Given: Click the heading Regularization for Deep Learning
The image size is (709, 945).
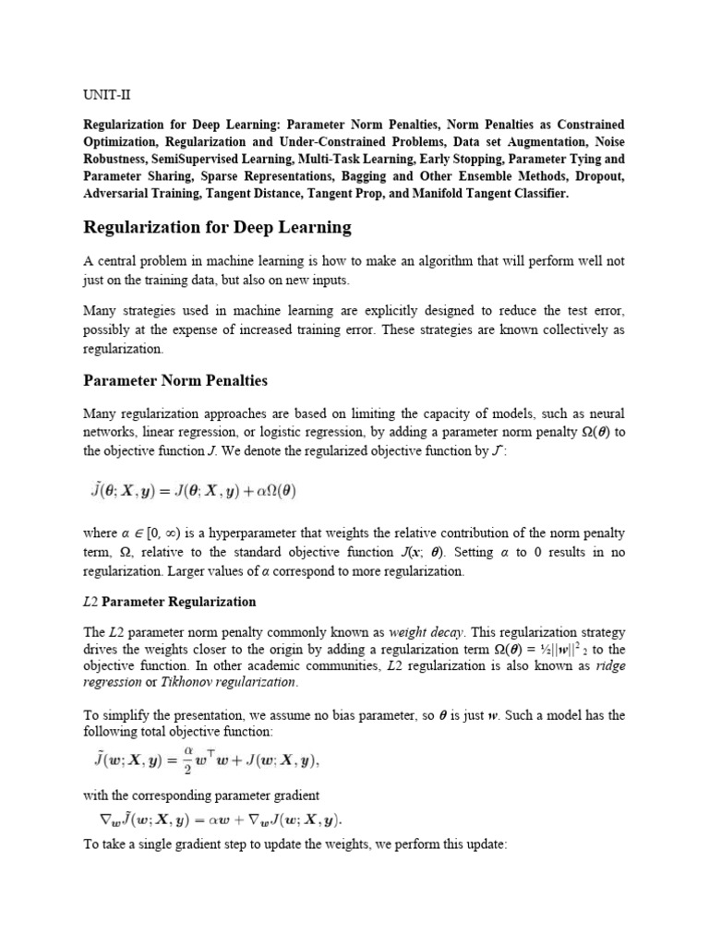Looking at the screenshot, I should click(x=218, y=226).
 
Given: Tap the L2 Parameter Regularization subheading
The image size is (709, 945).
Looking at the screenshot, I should click(x=169, y=602).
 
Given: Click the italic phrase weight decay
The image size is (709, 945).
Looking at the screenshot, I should click(x=422, y=632).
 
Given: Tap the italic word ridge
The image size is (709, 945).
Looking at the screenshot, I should click(x=610, y=665).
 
